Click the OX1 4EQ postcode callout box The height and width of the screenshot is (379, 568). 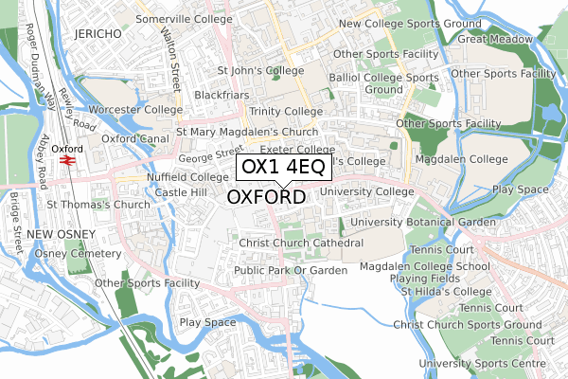(283, 168)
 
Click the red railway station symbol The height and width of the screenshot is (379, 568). (67, 160)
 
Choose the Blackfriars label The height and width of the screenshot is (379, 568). (222, 96)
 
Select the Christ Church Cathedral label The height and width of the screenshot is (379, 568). (301, 244)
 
